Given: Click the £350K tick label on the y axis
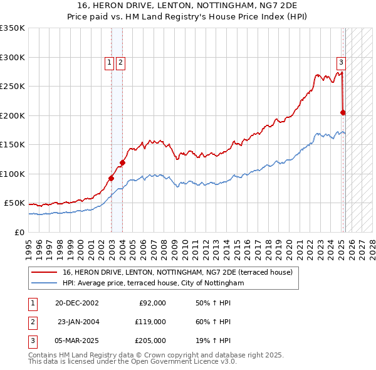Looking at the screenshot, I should pos(13,28).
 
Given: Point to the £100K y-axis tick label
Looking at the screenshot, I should pos(13,174).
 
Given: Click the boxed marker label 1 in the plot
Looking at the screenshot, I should pos(110,61).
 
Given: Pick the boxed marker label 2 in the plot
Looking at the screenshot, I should pos(120,61).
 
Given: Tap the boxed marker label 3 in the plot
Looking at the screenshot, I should pos(341,61).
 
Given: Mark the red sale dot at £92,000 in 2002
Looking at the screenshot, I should pos(112,178).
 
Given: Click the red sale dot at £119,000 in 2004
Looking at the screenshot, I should pos(123,162).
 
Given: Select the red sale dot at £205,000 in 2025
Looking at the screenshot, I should pos(343,113).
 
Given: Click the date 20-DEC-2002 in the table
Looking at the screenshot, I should pos(76,303).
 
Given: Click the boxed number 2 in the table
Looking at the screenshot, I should pos(32,322).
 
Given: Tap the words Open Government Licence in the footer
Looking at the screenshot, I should pos(177,361).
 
